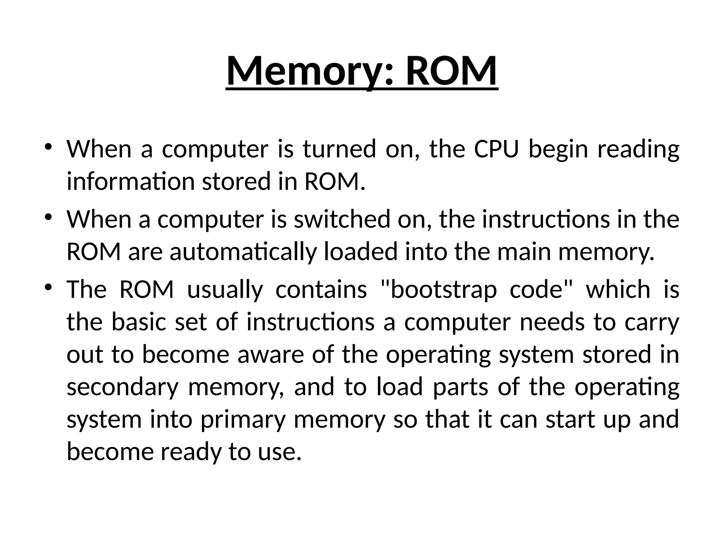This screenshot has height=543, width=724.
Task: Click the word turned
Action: (x=339, y=149)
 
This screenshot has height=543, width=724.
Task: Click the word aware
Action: (x=270, y=355)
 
